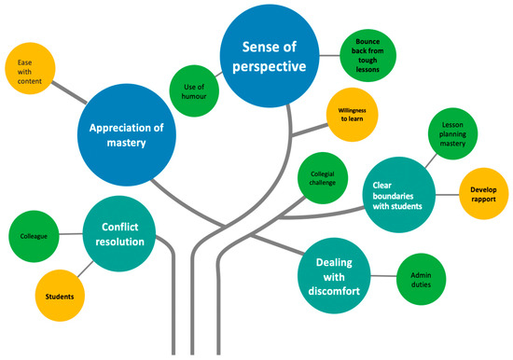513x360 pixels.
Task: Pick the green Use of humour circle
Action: (x=194, y=91)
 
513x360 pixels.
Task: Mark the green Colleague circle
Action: (x=34, y=237)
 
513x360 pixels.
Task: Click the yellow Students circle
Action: (x=60, y=296)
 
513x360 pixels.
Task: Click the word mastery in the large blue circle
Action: (x=137, y=145)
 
